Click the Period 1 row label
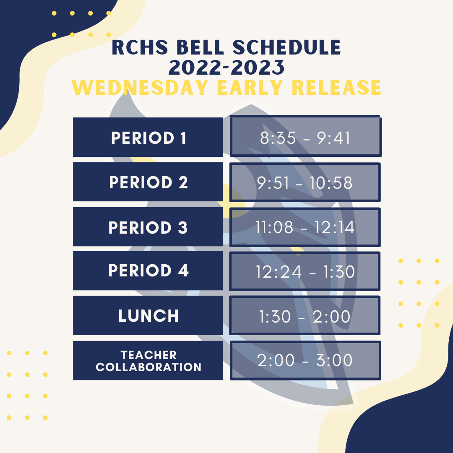pyautogui.click(x=148, y=137)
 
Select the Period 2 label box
pyautogui.click(x=148, y=182)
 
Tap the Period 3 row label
pyautogui.click(x=148, y=227)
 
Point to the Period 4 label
pyautogui.click(x=148, y=271)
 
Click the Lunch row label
pyautogui.click(x=148, y=315)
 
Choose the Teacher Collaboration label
pyautogui.click(x=148, y=361)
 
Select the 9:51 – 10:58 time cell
pyautogui.click(x=305, y=182)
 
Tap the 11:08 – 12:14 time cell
pyautogui.click(x=305, y=227)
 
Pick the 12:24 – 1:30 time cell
pyautogui.click(x=305, y=271)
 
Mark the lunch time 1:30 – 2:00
pyautogui.click(x=305, y=315)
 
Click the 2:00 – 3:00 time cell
pyautogui.click(x=305, y=361)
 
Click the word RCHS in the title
pyautogui.click(x=140, y=47)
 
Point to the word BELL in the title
pyautogui.click(x=200, y=47)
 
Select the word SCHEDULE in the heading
pyautogui.click(x=287, y=47)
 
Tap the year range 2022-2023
pyautogui.click(x=226, y=68)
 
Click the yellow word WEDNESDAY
pyautogui.click(x=140, y=87)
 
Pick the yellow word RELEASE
pyautogui.click(x=336, y=87)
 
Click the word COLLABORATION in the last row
pyautogui.click(x=148, y=367)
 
